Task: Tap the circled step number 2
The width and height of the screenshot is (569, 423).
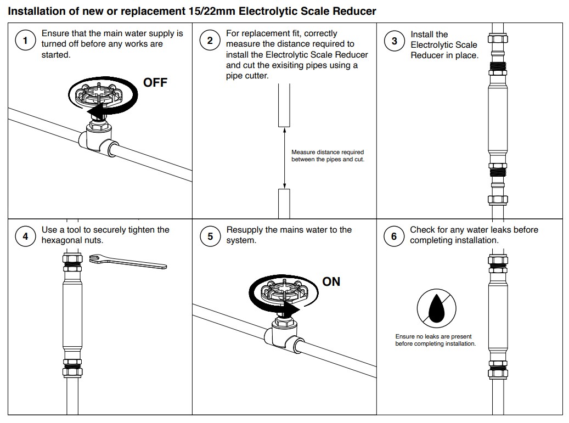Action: (210, 41)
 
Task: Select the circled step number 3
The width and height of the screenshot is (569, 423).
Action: (394, 41)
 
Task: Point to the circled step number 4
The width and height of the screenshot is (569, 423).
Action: (25, 237)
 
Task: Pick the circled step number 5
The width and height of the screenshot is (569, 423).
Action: (210, 237)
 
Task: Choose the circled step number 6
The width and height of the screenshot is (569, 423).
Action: (394, 237)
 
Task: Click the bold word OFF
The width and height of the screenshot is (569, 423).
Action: (155, 83)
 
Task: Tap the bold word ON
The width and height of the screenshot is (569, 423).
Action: (331, 281)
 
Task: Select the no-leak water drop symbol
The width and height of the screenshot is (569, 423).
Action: (437, 308)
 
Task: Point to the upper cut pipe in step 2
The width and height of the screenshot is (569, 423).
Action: (284, 105)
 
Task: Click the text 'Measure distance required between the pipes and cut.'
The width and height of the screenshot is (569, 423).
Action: (327, 156)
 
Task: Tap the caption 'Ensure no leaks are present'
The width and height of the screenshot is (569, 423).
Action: (433, 337)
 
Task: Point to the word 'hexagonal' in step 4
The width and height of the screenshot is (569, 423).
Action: (64, 240)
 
